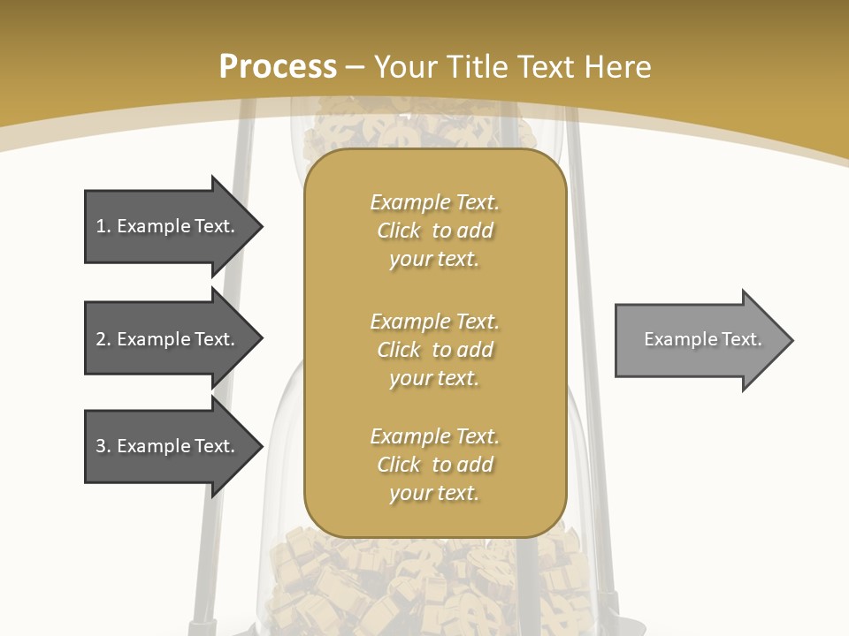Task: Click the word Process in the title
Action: point(278,66)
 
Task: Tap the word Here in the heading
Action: point(618,66)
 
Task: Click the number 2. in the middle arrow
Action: point(103,339)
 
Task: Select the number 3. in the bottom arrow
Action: point(103,446)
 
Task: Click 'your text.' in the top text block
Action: point(433,260)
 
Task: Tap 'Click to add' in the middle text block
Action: point(434,350)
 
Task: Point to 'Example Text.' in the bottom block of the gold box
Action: point(434,436)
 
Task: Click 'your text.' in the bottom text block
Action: point(433,493)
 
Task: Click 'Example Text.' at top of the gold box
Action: point(434,202)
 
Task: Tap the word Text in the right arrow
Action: point(742,339)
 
